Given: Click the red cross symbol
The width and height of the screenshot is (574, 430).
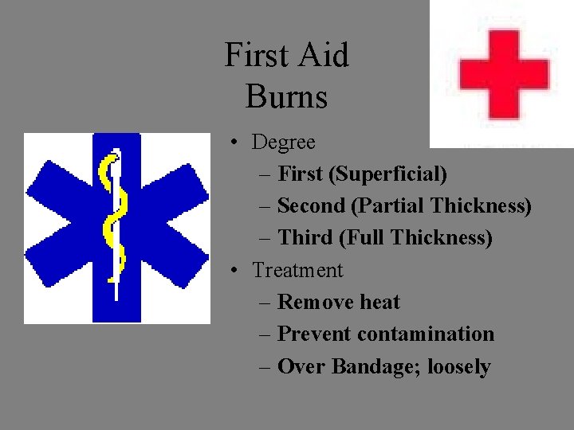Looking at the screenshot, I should (504, 74).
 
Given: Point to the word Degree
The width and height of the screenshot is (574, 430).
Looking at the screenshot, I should (284, 143).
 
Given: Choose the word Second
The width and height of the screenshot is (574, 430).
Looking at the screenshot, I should (311, 206).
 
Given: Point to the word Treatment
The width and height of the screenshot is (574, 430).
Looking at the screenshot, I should (297, 270).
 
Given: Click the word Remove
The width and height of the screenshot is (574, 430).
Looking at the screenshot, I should (316, 302).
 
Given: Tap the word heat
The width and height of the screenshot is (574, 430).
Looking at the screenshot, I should (379, 302).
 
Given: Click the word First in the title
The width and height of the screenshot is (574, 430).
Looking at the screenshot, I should (254, 56).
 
